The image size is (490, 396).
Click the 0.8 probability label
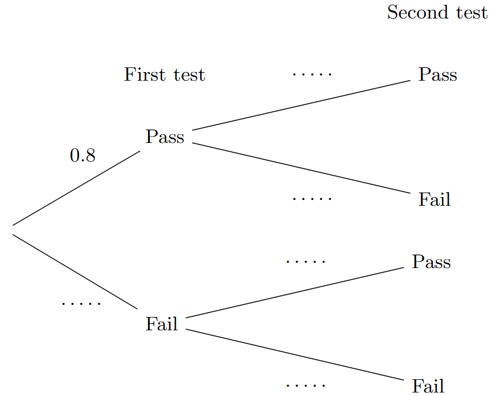pyautogui.click(x=82, y=155)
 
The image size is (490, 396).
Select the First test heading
pyautogui.click(x=164, y=75)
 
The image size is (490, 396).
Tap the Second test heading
pyautogui.click(x=437, y=12)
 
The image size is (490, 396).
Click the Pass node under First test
pyautogui.click(x=165, y=137)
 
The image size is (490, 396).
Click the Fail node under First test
pyautogui.click(x=161, y=324)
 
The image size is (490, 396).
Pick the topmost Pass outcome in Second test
pyautogui.click(x=438, y=75)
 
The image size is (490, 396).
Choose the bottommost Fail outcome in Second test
pyautogui.click(x=428, y=386)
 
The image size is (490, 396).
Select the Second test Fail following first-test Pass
pyautogui.click(x=434, y=199)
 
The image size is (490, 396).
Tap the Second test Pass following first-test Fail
pyautogui.click(x=431, y=262)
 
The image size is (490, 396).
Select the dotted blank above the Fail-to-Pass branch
pyautogui.click(x=306, y=262)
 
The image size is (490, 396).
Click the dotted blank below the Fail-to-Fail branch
pyautogui.click(x=306, y=385)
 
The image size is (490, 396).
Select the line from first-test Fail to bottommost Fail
pyautogui.click(x=295, y=355)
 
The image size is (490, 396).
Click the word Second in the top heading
pyautogui.click(x=409, y=12)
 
